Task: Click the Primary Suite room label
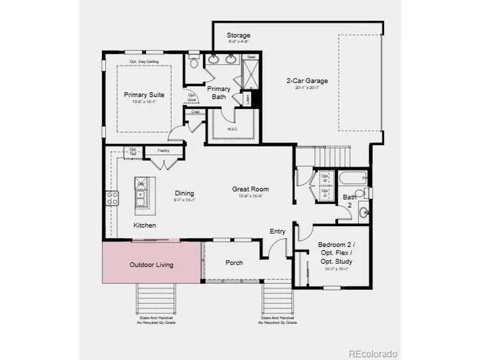(x=144, y=95)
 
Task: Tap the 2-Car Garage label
(x=307, y=81)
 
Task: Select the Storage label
(x=238, y=36)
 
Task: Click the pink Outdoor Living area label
(x=151, y=265)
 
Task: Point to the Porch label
(x=234, y=262)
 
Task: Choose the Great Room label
(x=250, y=189)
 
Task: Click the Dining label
(x=184, y=193)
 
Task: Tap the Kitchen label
(x=145, y=225)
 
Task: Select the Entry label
(x=277, y=231)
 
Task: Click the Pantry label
(x=163, y=151)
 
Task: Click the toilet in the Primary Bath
(x=194, y=62)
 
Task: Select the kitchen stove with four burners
(x=113, y=198)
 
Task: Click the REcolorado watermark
(x=373, y=354)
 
